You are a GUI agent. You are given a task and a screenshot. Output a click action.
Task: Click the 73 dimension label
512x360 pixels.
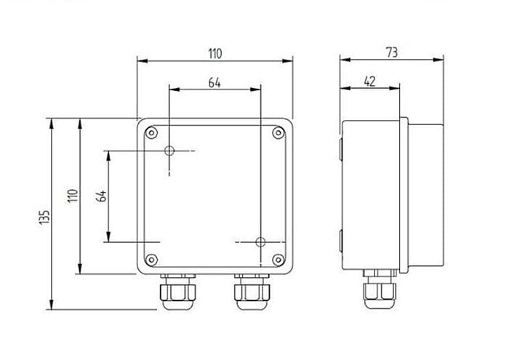tap(392, 52)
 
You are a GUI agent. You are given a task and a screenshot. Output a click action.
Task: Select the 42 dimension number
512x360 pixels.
tap(369, 81)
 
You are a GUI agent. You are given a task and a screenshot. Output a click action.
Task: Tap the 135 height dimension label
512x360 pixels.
tap(44, 217)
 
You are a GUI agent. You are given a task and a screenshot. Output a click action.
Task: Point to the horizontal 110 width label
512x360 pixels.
tap(215, 54)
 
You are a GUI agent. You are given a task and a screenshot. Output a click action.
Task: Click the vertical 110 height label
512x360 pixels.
tap(73, 196)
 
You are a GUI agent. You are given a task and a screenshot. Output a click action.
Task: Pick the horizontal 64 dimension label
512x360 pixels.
tap(215, 83)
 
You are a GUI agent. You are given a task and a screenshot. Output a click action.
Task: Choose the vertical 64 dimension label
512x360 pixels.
tap(101, 196)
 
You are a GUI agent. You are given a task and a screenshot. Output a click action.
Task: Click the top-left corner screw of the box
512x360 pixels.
tap(151, 133)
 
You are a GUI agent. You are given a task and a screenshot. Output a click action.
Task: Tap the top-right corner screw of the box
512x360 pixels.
tap(279, 132)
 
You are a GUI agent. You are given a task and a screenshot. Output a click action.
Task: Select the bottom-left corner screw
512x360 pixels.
tap(151, 260)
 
